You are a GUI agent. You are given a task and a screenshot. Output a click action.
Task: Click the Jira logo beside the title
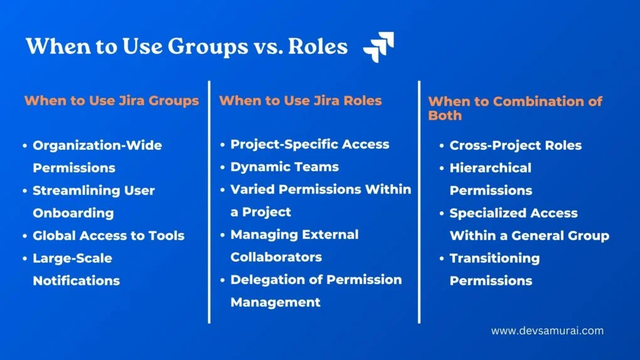pyautogui.click(x=378, y=48)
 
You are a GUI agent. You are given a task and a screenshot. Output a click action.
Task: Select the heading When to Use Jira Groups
pyautogui.click(x=112, y=100)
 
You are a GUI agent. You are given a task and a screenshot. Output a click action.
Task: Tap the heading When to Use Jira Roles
pyautogui.click(x=301, y=100)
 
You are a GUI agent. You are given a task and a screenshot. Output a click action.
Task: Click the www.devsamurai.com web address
pyautogui.click(x=547, y=331)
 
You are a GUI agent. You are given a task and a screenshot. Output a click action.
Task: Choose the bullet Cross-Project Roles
pyautogui.click(x=515, y=146)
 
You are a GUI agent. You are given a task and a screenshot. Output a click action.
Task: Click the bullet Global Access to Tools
pyautogui.click(x=109, y=236)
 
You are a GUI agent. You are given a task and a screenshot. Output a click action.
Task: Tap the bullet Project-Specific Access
pyautogui.click(x=309, y=144)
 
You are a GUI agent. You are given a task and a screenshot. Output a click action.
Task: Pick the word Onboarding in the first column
pyautogui.click(x=73, y=213)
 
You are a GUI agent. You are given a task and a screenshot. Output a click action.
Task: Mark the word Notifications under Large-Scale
pyautogui.click(x=77, y=281)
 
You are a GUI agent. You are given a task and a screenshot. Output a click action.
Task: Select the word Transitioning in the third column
pyautogui.click(x=494, y=258)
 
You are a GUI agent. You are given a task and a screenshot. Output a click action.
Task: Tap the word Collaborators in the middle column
pyautogui.click(x=276, y=257)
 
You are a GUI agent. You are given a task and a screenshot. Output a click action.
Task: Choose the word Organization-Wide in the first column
pyautogui.click(x=97, y=146)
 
